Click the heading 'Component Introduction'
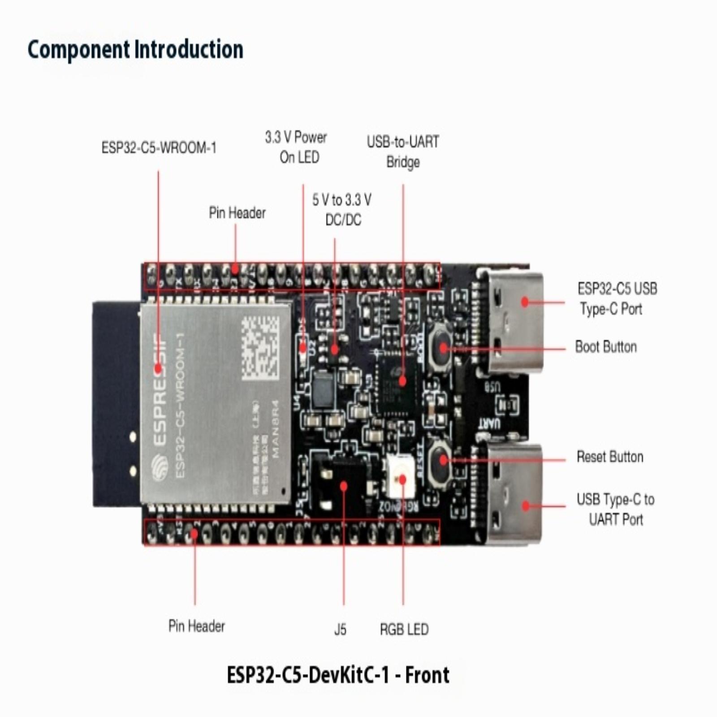coord(135,49)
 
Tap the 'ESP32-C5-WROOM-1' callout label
coord(159,147)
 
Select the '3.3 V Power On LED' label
coord(296,147)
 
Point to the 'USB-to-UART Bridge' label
coord(403,151)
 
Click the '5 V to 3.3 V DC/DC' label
coord(342,209)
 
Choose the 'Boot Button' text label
coord(606,347)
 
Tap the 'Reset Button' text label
coord(610,457)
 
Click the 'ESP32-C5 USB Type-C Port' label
coord(617,298)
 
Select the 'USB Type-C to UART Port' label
coord(616,509)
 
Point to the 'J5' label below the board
coord(340,630)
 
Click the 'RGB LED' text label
coord(404,629)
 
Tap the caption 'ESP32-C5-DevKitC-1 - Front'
coord(338,675)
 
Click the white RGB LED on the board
coord(399,479)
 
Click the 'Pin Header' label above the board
coord(237,213)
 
